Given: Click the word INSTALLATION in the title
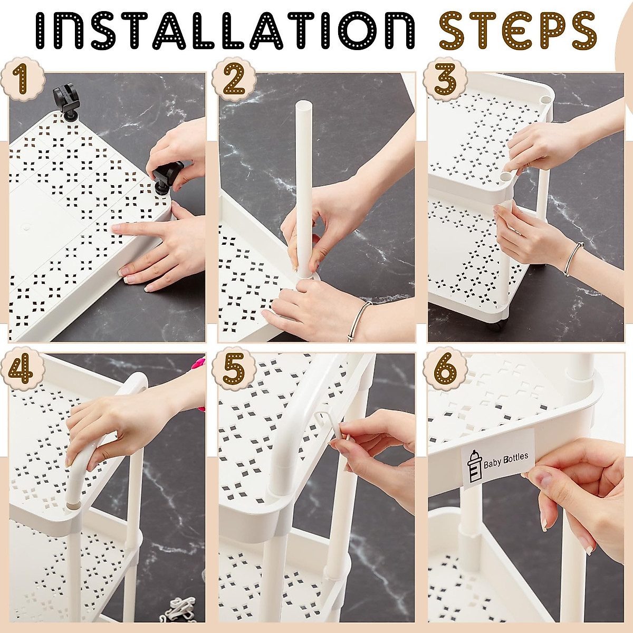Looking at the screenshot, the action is (x=225, y=31).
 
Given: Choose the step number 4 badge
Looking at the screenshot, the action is (x=22, y=370).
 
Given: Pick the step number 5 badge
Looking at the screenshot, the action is (x=234, y=370).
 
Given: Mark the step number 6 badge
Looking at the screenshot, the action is (x=445, y=370).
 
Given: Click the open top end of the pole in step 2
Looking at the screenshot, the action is (x=304, y=107).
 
